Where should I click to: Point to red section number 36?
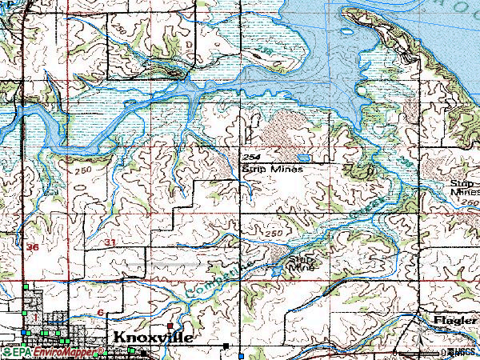[x=32, y=248]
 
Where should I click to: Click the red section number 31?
[x=110, y=242]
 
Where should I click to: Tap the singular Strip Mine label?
[x=302, y=264]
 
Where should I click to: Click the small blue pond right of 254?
[x=305, y=158]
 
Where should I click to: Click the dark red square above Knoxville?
[x=171, y=326]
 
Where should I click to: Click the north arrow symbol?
[x=414, y=336]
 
